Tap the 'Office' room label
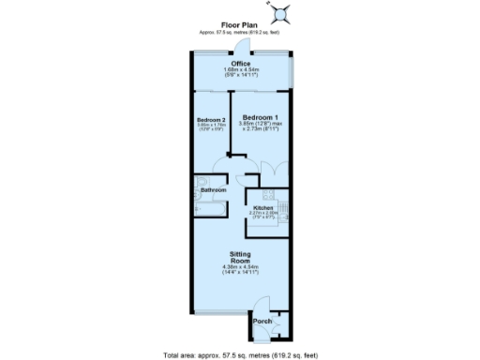[x=240, y=64]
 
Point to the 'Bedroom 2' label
[x=211, y=120]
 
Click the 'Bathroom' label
[x=214, y=189]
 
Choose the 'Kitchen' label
[x=262, y=207]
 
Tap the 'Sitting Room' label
[x=239, y=257]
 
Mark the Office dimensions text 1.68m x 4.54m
[x=240, y=70]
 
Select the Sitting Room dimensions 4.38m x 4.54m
[x=239, y=268]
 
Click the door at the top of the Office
[x=245, y=49]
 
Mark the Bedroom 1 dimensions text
[x=260, y=127]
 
